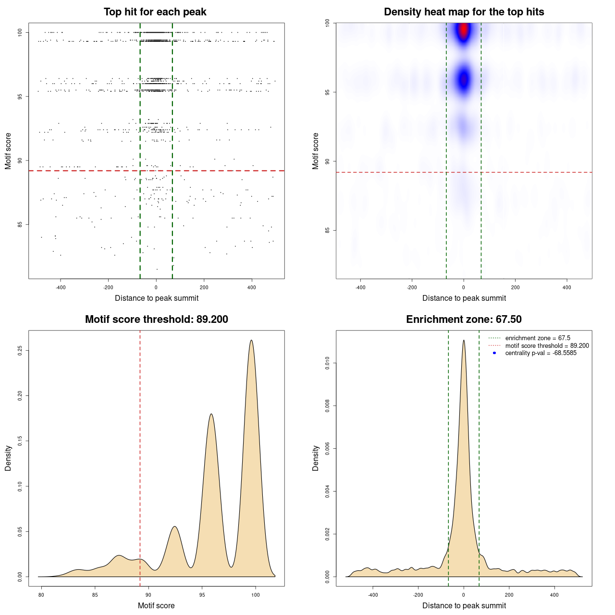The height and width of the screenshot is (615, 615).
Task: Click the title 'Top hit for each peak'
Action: point(155,12)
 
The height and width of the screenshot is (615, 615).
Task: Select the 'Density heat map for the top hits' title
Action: point(464,12)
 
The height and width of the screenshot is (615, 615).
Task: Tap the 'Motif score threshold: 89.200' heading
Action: point(156,320)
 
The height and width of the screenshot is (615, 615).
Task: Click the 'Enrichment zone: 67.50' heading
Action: point(464,320)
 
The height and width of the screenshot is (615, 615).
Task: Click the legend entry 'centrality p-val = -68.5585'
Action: point(541,353)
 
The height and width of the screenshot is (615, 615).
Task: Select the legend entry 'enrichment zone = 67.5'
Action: point(538,338)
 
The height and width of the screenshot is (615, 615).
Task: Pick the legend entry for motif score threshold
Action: point(547,345)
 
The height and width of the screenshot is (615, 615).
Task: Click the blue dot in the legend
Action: point(494,353)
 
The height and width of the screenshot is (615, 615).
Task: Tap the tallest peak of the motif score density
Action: point(251,341)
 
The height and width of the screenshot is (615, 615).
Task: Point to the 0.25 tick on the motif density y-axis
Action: point(20,351)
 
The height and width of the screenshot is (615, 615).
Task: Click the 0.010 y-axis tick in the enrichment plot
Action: point(328,364)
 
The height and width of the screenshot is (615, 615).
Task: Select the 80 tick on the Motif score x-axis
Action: point(41,595)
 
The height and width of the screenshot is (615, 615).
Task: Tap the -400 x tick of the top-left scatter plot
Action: point(61,287)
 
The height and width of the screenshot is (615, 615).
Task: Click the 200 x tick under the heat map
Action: point(515,287)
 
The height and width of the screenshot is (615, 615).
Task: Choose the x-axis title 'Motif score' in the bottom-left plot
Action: point(156,605)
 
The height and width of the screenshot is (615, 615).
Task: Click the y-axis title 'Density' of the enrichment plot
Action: point(316,458)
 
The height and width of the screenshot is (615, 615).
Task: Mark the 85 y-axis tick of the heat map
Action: point(328,231)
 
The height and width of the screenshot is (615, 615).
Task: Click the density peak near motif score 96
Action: point(211,414)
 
